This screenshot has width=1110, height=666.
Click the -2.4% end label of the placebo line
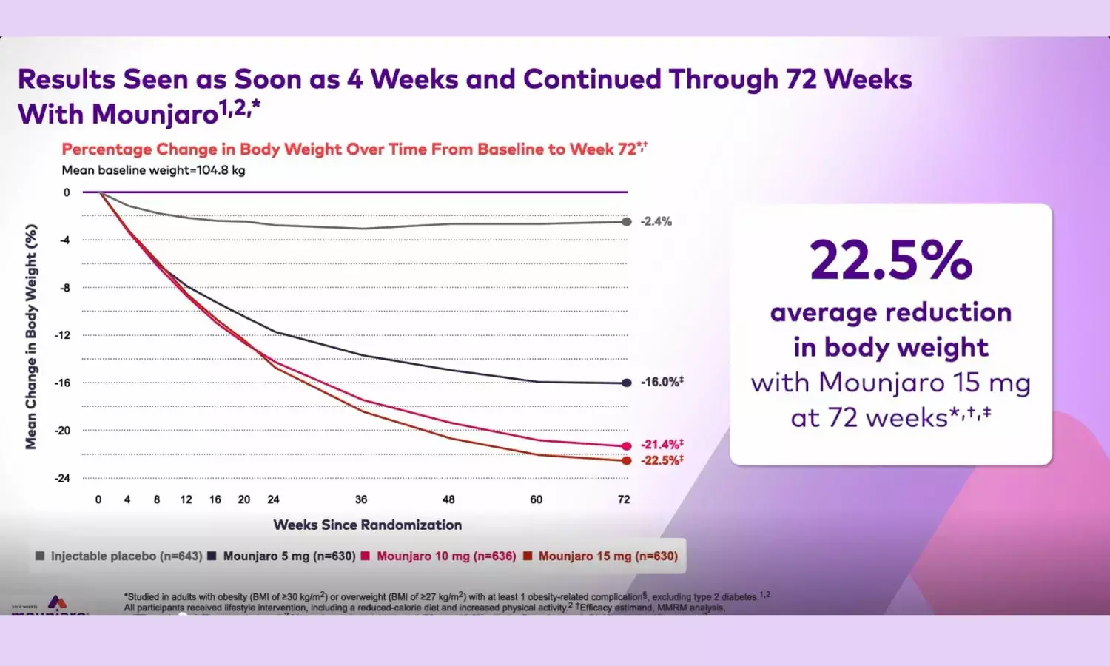tap(656, 221)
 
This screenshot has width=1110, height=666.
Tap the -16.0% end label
tap(662, 382)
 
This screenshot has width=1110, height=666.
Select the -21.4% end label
tap(662, 444)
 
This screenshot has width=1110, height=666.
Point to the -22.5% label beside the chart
tap(662, 460)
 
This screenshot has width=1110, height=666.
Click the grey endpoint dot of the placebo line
tap(627, 221)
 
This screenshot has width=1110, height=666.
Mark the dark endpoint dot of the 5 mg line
tap(627, 383)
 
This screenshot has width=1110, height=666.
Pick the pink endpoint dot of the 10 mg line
tap(627, 446)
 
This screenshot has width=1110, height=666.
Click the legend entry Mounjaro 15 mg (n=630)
tap(608, 556)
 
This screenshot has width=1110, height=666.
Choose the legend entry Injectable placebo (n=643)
tap(126, 556)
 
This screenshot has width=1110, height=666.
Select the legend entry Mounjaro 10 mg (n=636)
tap(445, 556)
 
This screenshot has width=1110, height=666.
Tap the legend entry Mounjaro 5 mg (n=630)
tap(289, 556)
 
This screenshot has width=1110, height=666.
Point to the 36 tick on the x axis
tap(361, 499)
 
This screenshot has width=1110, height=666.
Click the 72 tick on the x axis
tap(624, 499)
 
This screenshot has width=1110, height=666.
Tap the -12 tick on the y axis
tap(62, 335)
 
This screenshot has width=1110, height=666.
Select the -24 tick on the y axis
tap(62, 478)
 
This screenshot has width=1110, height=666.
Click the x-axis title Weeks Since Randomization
tap(368, 525)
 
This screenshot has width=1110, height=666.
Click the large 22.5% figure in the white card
tap(891, 260)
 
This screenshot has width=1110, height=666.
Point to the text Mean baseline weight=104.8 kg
tap(153, 170)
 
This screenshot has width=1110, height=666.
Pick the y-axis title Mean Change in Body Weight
tap(31, 337)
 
